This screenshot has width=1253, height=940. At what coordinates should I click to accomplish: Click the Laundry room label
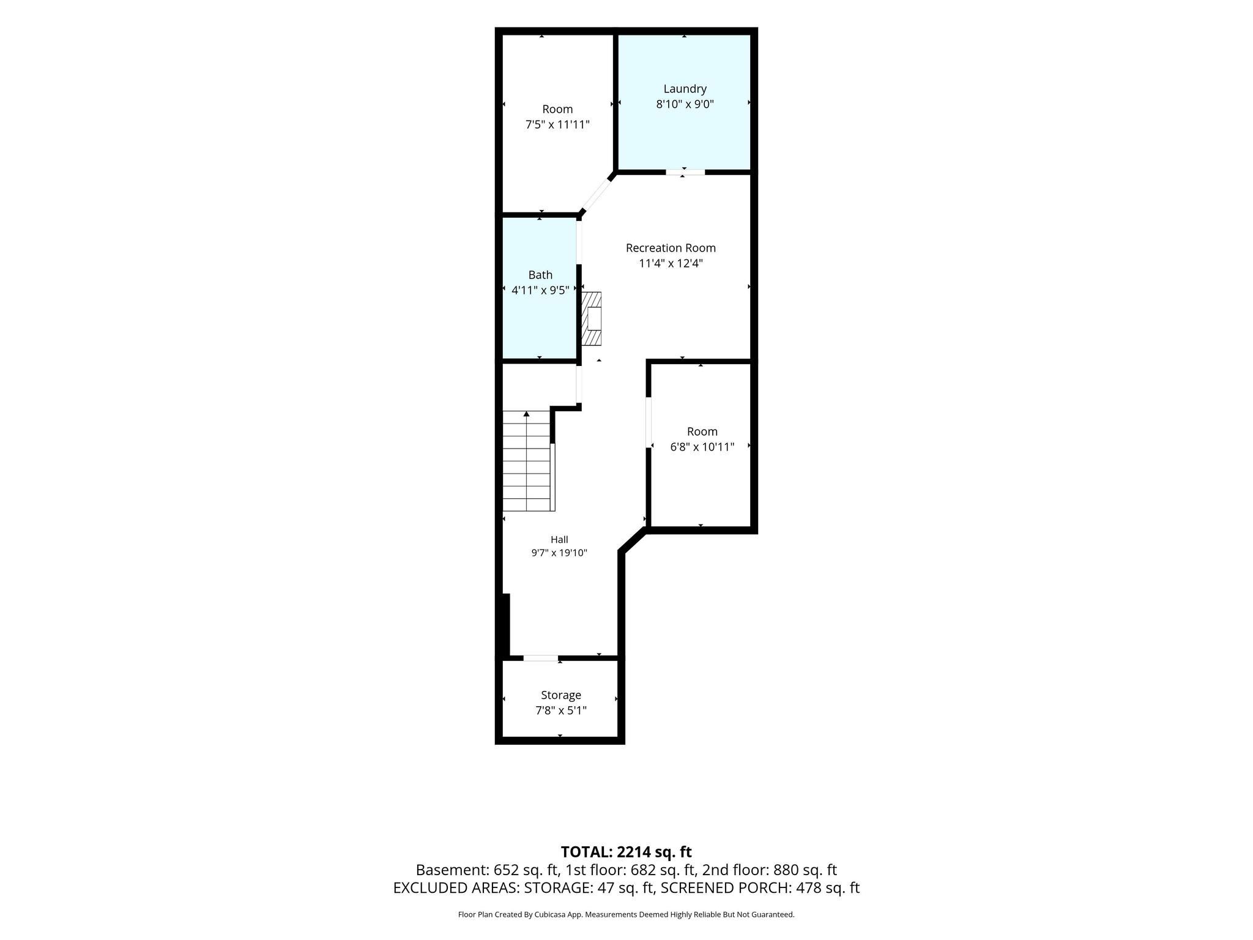pyautogui.click(x=685, y=89)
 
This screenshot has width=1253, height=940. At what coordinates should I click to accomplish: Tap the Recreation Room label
pyautogui.click(x=671, y=248)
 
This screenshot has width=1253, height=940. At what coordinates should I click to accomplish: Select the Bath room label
pyautogui.click(x=540, y=275)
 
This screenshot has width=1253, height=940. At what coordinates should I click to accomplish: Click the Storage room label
pyautogui.click(x=561, y=695)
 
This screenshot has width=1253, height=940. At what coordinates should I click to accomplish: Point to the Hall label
pyautogui.click(x=559, y=539)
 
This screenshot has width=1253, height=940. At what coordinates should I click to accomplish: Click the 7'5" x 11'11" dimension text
pyautogui.click(x=557, y=125)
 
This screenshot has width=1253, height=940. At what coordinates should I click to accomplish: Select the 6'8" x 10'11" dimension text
pyautogui.click(x=702, y=447)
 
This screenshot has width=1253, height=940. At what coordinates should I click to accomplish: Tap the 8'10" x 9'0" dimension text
pyautogui.click(x=685, y=104)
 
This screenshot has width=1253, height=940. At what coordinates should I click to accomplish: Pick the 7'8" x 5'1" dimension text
pyautogui.click(x=561, y=711)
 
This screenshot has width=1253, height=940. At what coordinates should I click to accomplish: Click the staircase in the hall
pyautogui.click(x=528, y=461)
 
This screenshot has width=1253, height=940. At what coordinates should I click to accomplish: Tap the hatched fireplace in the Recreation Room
pyautogui.click(x=591, y=319)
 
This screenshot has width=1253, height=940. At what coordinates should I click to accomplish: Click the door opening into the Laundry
pyautogui.click(x=685, y=173)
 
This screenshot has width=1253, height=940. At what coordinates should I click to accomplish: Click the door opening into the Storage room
pyautogui.click(x=541, y=658)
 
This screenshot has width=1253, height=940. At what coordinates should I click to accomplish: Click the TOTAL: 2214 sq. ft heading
pyautogui.click(x=626, y=852)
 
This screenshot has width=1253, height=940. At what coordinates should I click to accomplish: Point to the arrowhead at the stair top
pyautogui.click(x=526, y=414)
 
